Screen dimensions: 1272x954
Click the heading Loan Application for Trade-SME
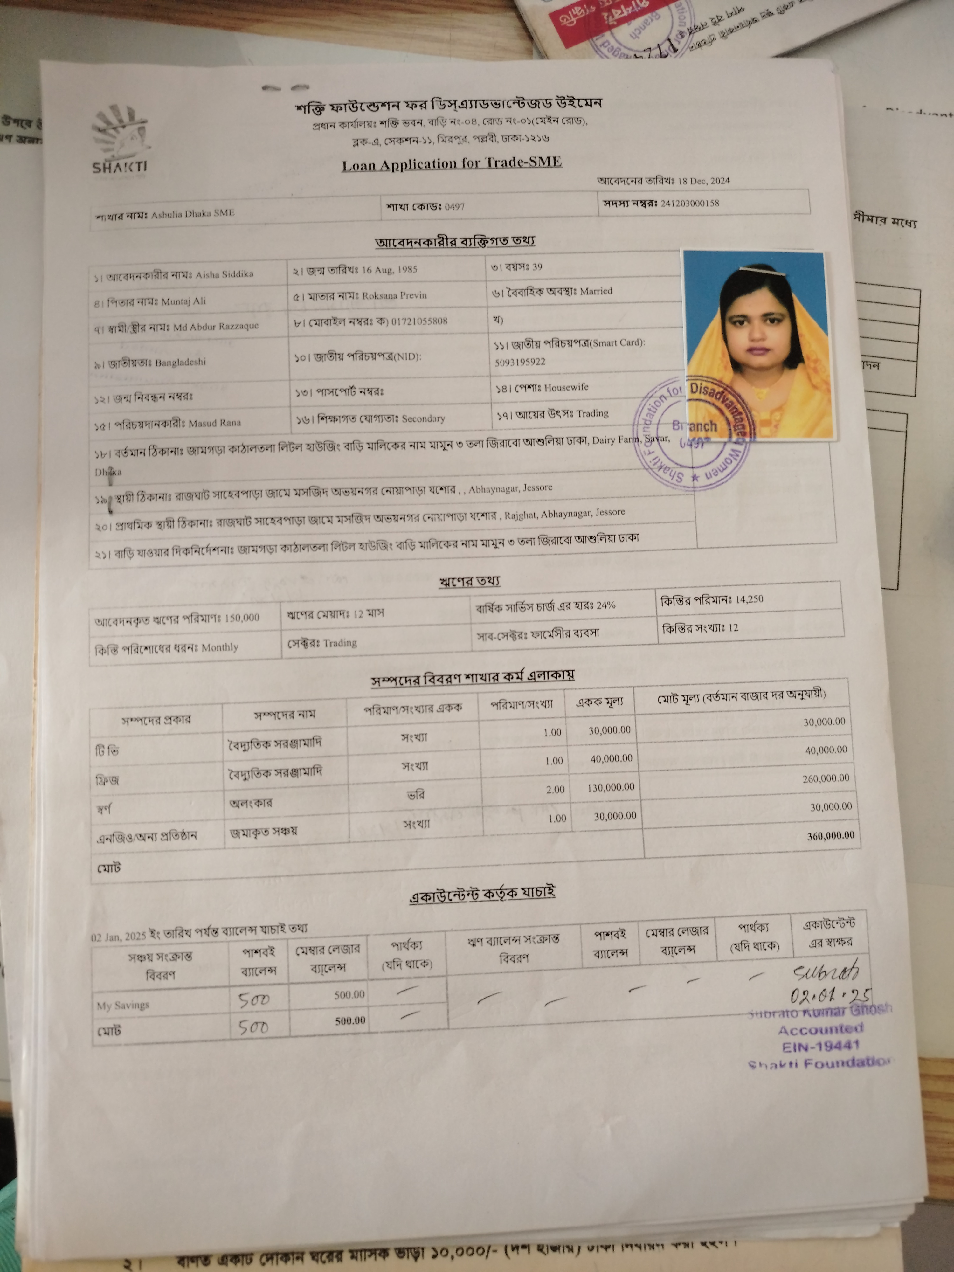[x=452, y=164]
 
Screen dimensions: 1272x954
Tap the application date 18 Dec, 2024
[x=704, y=181]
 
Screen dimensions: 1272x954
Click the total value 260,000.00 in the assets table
[x=825, y=778]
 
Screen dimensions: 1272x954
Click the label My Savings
[x=123, y=1005]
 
